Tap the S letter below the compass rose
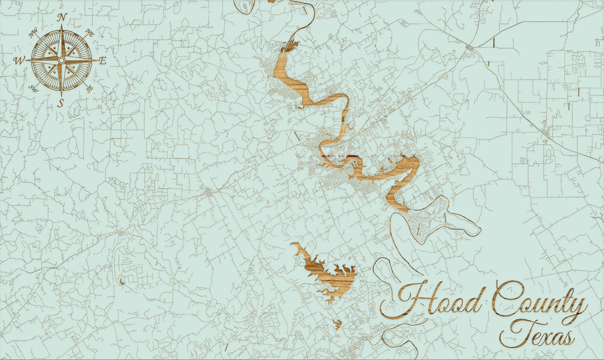(62, 102)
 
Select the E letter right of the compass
(102, 61)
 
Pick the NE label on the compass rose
(90, 34)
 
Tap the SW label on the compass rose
(33, 88)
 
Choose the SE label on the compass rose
(89, 88)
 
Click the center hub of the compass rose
(62, 60)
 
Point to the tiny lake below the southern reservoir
(337, 323)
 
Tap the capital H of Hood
(405, 302)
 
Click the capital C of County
(507, 299)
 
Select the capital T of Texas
(517, 333)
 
